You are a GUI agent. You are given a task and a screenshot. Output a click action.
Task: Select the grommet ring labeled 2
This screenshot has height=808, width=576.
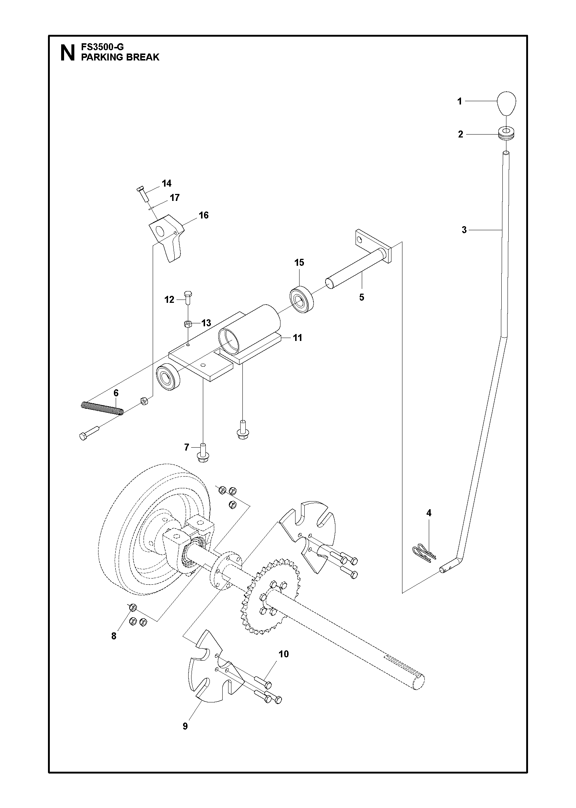[x=506, y=133]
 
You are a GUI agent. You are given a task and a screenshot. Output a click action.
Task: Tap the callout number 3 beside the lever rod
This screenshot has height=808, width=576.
[x=464, y=230]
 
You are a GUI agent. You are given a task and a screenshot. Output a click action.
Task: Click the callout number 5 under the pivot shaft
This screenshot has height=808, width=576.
[x=362, y=297]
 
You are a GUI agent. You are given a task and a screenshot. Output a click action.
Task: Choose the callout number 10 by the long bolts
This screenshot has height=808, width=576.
[x=283, y=654]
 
